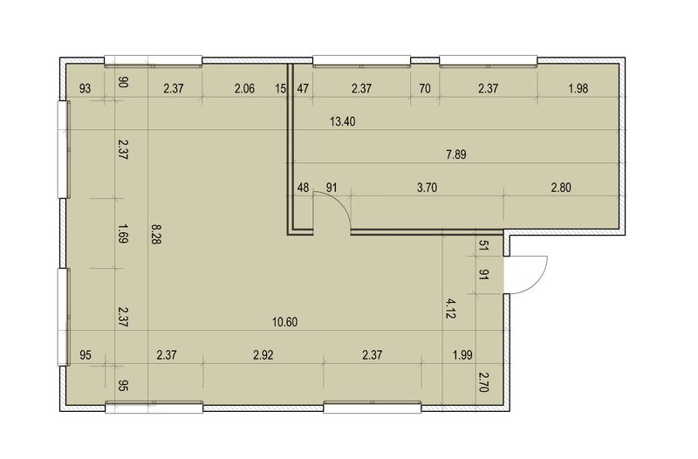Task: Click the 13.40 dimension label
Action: (342, 121)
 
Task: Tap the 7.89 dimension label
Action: (455, 154)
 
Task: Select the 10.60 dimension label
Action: (285, 321)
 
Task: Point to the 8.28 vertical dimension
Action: (156, 234)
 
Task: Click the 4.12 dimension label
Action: (450, 309)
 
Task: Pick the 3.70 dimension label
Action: (427, 188)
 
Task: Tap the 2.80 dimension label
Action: (561, 188)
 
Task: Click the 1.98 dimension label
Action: (578, 89)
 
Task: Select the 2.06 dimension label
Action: (244, 89)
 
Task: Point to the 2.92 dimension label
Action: (263, 355)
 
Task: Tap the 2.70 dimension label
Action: (484, 382)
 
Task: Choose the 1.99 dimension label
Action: (462, 355)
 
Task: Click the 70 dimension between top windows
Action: (425, 89)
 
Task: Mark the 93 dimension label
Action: (85, 89)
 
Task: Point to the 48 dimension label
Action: (303, 188)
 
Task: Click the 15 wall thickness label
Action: (280, 89)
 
